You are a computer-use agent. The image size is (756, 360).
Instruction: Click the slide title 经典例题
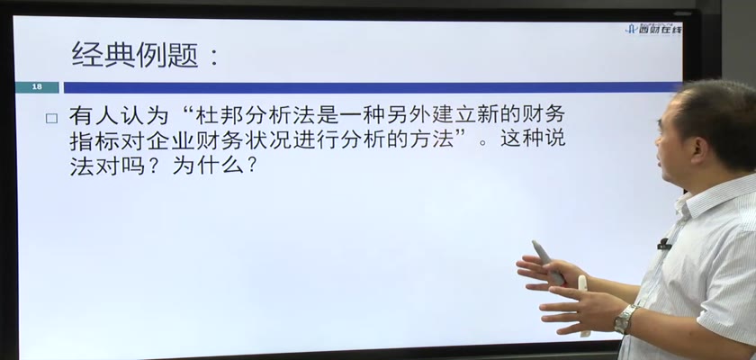135,55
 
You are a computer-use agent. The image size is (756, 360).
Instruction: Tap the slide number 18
37,87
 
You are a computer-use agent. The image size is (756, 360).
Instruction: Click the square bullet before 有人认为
51,119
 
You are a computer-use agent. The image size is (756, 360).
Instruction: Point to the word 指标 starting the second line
92,140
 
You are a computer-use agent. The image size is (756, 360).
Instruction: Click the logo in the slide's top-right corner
653,30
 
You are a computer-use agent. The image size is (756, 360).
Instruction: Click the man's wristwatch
625,319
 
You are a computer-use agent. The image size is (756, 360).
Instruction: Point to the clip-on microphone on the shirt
664,244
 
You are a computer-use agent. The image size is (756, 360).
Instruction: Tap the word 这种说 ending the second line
533,139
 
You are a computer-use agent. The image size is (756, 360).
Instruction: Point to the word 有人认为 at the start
119,116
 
